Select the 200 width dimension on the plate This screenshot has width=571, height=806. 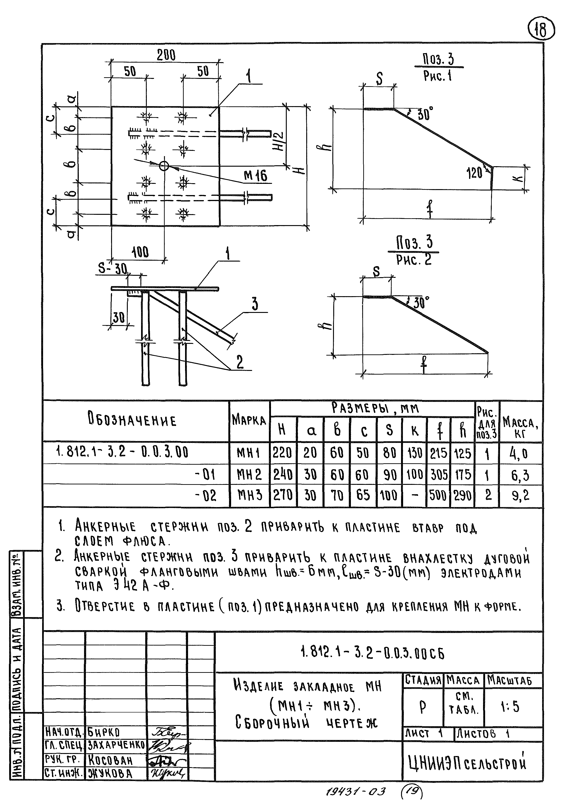pyautogui.click(x=166, y=55)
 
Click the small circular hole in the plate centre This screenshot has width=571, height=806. pyautogui.click(x=164, y=165)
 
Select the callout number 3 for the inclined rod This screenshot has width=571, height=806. pyautogui.click(x=255, y=304)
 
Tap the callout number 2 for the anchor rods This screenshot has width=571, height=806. pyautogui.click(x=240, y=362)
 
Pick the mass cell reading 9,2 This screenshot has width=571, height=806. pyautogui.click(x=520, y=496)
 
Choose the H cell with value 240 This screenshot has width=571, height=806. pyautogui.click(x=283, y=475)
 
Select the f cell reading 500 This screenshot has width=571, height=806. pyautogui.click(x=438, y=496)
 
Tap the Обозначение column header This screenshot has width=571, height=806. pyautogui.click(x=132, y=421)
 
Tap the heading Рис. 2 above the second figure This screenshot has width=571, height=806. pyautogui.click(x=413, y=260)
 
